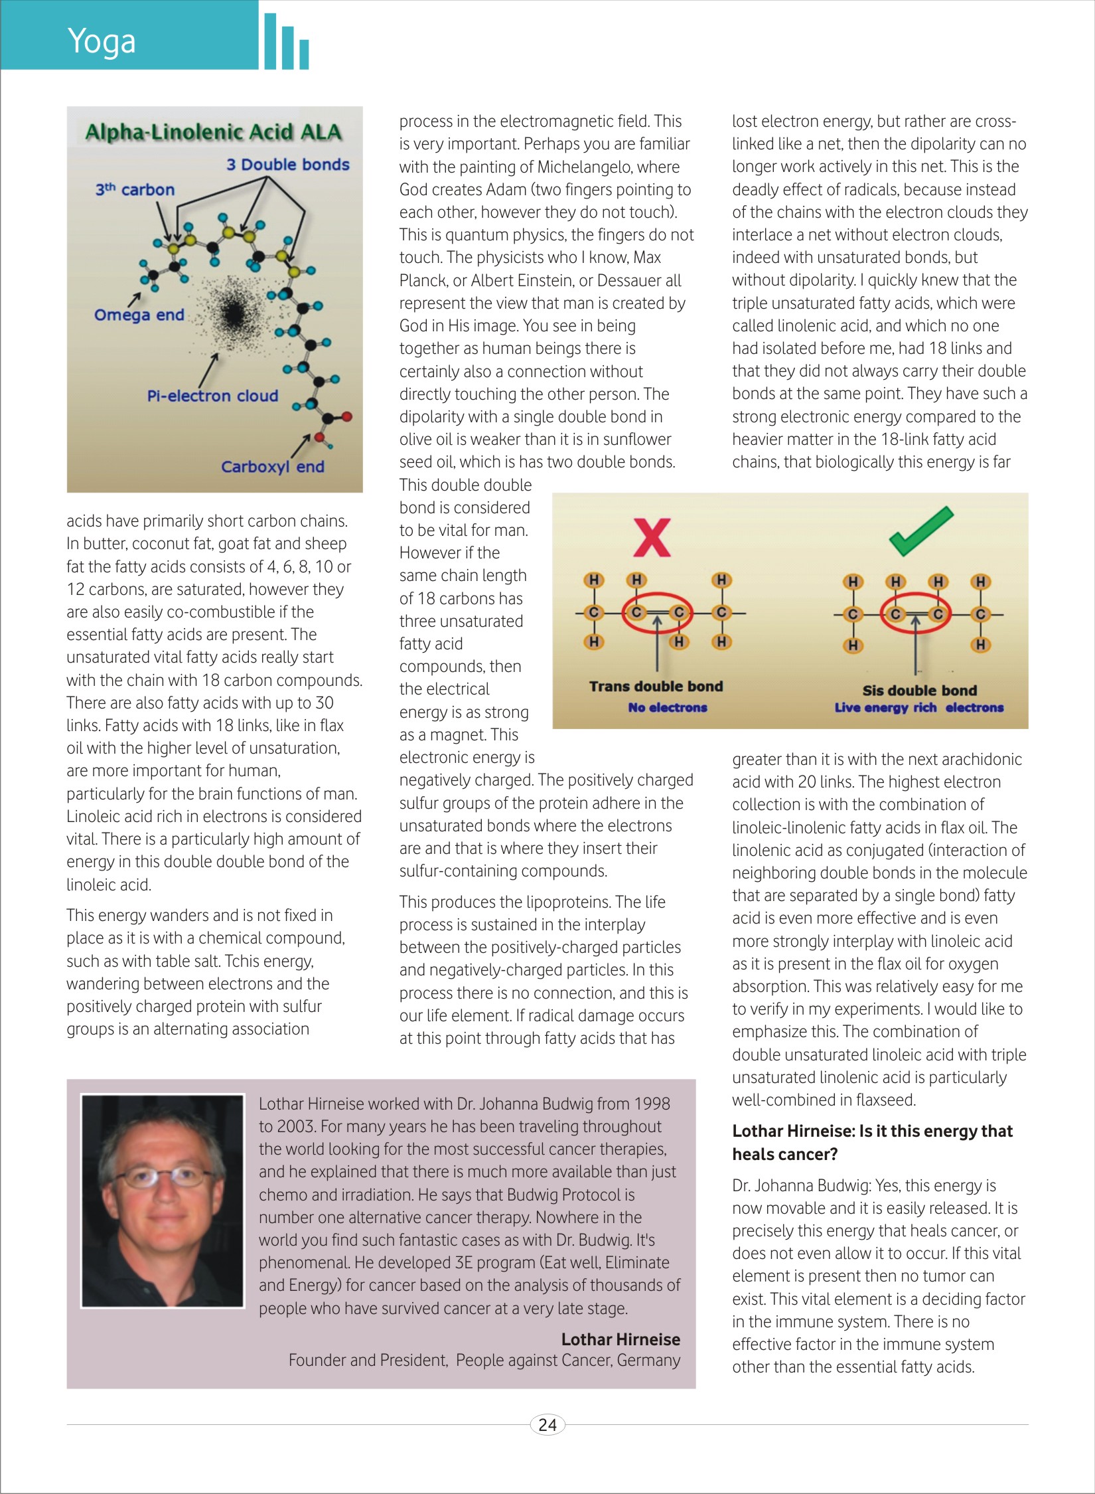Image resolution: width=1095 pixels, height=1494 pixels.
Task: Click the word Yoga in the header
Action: [102, 41]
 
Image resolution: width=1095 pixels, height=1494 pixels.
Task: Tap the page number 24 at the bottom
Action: [547, 1424]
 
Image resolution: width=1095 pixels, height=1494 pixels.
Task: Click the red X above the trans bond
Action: [652, 537]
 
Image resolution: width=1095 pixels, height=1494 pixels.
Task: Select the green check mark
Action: [921, 531]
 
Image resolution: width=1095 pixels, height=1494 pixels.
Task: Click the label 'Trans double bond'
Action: [656, 687]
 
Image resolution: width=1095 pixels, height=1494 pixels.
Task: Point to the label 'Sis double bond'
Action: [919, 690]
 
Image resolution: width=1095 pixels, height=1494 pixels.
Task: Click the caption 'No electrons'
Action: [668, 708]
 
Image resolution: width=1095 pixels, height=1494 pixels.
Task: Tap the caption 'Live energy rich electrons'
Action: [918, 708]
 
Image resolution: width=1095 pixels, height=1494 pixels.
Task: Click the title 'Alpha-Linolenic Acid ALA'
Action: [214, 132]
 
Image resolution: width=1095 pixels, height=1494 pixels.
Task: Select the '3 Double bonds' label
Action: [287, 165]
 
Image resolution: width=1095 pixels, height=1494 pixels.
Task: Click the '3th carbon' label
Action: [135, 190]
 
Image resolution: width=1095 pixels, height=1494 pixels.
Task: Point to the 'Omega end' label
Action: [139, 315]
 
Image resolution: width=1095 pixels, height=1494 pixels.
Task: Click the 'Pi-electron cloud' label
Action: [212, 396]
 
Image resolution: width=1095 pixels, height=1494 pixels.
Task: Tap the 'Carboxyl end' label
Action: [272, 467]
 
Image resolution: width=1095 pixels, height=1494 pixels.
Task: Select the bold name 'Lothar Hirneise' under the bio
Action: [620, 1339]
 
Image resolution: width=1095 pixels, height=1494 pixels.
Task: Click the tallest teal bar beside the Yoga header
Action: [270, 41]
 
